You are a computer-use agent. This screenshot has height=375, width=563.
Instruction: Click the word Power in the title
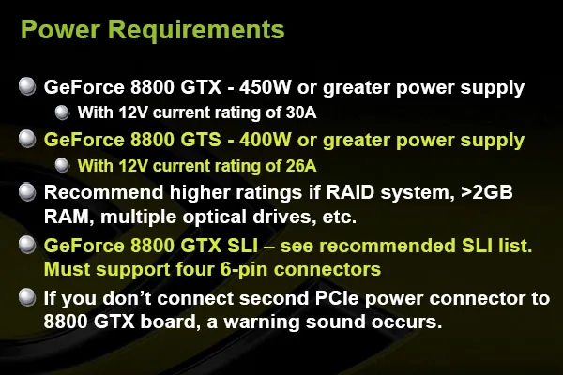coord(60,29)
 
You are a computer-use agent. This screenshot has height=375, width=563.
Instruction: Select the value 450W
coord(265,87)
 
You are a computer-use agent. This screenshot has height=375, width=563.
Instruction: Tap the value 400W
coord(265,140)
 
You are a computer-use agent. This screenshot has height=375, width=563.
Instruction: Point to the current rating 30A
coord(301,112)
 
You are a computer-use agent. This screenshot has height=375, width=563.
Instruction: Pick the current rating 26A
coord(301,166)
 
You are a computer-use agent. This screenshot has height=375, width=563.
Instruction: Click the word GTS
coord(201,140)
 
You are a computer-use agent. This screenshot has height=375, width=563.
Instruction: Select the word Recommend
coord(104,192)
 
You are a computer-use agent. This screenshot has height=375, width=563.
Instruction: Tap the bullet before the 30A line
coord(62,112)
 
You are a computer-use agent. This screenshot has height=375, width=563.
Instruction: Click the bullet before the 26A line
coord(62,165)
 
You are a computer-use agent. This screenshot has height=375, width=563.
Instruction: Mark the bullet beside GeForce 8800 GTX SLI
coord(27,245)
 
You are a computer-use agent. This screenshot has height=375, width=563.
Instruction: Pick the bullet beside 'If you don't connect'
coord(27,297)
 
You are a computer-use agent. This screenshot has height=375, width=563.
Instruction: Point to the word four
coord(194,269)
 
